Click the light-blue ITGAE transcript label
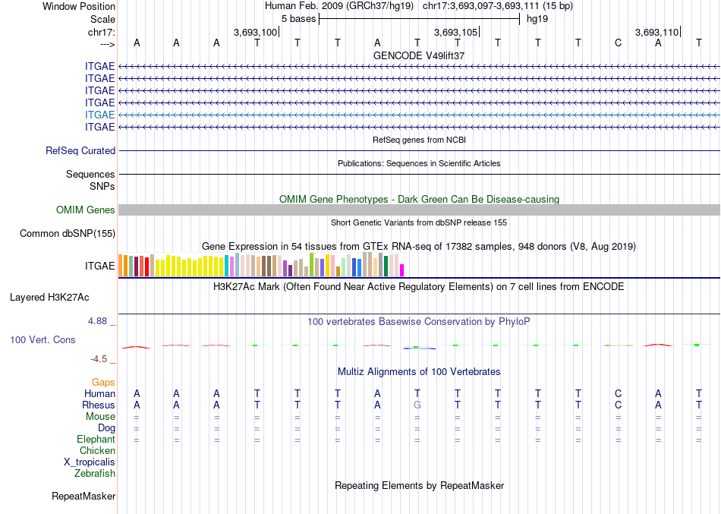click(100, 115)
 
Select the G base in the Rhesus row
click(417, 405)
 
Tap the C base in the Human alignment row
click(618, 393)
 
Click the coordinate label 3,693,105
click(455, 32)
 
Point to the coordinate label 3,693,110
click(657, 32)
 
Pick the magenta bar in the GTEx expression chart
click(402, 270)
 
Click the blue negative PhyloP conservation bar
click(419, 348)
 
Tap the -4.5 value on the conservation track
click(102, 359)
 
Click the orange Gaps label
click(103, 382)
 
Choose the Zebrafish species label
click(95, 473)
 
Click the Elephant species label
click(96, 439)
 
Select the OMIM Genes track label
click(86, 210)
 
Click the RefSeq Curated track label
click(80, 151)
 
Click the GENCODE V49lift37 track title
click(419, 55)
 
